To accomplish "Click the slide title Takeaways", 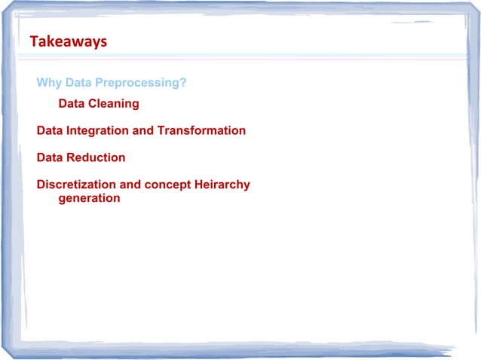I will [68, 42].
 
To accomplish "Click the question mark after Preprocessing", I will [183, 83].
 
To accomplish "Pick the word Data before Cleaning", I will [73, 104].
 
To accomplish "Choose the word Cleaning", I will [115, 104].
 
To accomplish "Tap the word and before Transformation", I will [144, 131].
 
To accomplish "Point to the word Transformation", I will [201, 131].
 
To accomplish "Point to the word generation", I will [89, 199].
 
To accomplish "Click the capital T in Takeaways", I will [33, 42].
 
